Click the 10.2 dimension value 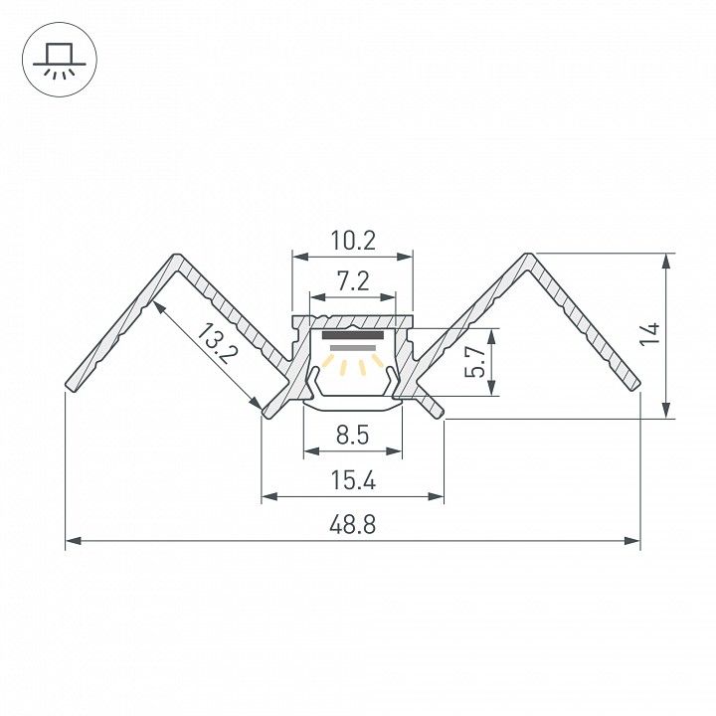(353, 241)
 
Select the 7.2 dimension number (353, 280)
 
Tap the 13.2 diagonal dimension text (218, 343)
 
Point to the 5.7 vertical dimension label (474, 361)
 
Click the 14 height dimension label (649, 335)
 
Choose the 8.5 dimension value (352, 435)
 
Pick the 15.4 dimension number (353, 480)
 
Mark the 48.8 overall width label (352, 525)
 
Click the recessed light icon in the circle (60, 60)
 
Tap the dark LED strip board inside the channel (353, 336)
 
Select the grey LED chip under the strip (353, 348)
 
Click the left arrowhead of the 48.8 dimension (74, 541)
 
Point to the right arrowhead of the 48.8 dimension (632, 541)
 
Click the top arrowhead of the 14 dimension (667, 262)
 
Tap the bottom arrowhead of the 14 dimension (667, 410)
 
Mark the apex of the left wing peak (177, 255)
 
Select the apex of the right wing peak (529, 255)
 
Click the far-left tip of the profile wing (70, 387)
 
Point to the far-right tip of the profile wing (636, 386)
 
